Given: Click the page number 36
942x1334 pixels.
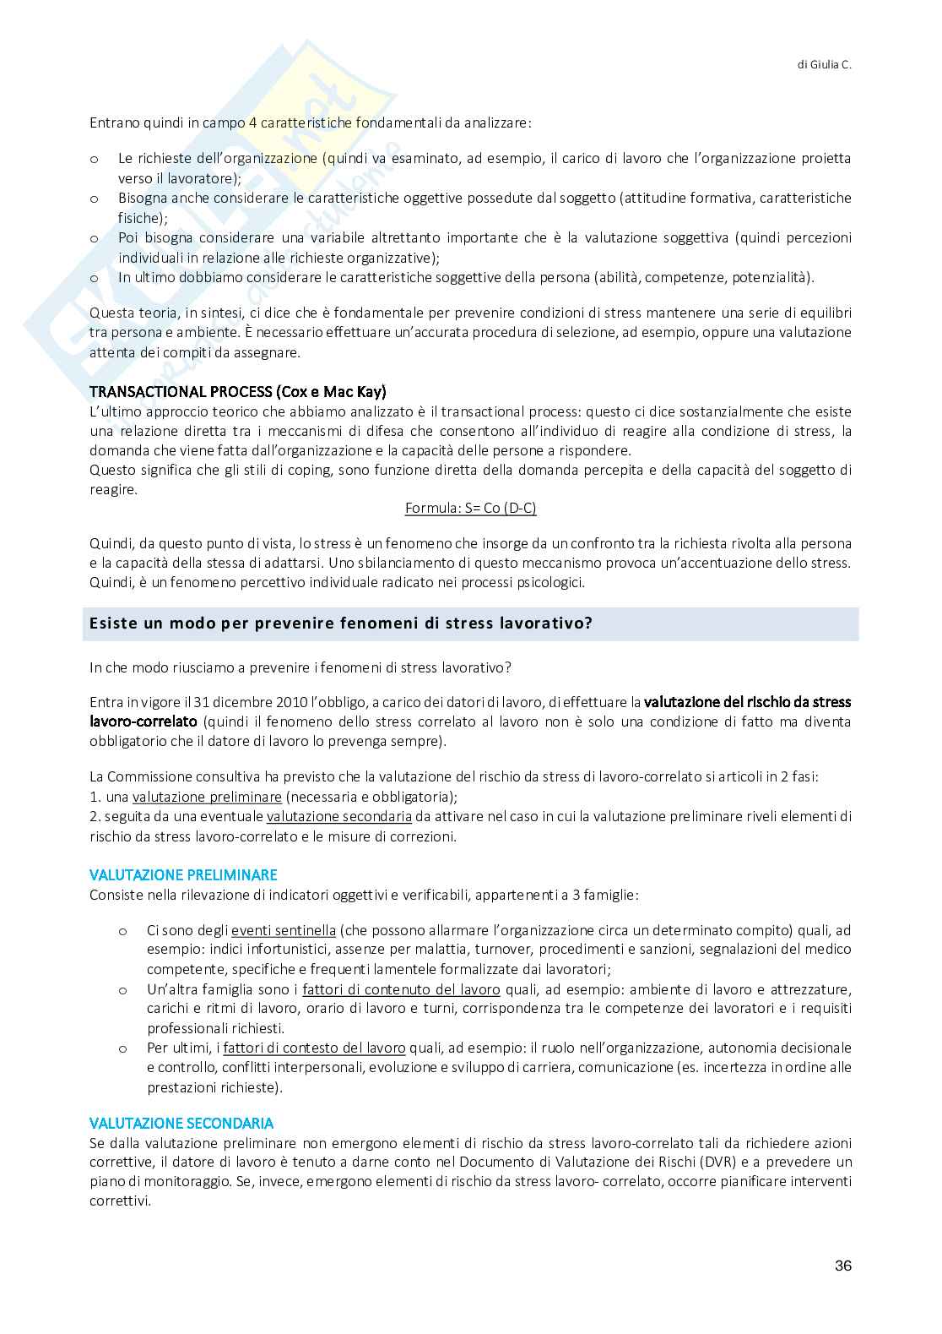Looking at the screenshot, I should pyautogui.click(x=842, y=1266).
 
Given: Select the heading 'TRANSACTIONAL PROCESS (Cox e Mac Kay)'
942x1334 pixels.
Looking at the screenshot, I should pyautogui.click(x=238, y=392).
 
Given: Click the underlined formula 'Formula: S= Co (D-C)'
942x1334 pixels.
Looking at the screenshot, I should pyautogui.click(x=470, y=508).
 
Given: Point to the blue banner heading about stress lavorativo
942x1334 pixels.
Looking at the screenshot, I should pyautogui.click(x=341, y=624).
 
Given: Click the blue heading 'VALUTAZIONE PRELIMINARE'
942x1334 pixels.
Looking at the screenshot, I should pyautogui.click(x=183, y=874).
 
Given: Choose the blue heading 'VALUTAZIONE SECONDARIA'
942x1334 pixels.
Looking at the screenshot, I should pyautogui.click(x=181, y=1123).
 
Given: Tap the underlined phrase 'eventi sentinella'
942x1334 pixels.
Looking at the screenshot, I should pyautogui.click(x=284, y=930).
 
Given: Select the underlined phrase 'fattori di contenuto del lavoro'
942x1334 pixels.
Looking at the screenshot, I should pyautogui.click(x=401, y=989).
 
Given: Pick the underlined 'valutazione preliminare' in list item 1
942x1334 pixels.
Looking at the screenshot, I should pyautogui.click(x=207, y=797).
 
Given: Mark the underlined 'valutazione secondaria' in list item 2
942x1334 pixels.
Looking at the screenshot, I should pyautogui.click(x=339, y=816).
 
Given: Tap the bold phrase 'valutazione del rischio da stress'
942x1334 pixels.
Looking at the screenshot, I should pyautogui.click(x=747, y=702).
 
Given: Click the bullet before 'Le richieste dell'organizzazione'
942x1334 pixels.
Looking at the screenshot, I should pyautogui.click(x=94, y=159).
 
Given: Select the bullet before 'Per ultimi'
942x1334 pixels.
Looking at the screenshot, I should pyautogui.click(x=122, y=1048).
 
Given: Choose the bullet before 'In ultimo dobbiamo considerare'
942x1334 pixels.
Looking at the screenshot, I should pyautogui.click(x=94, y=277).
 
